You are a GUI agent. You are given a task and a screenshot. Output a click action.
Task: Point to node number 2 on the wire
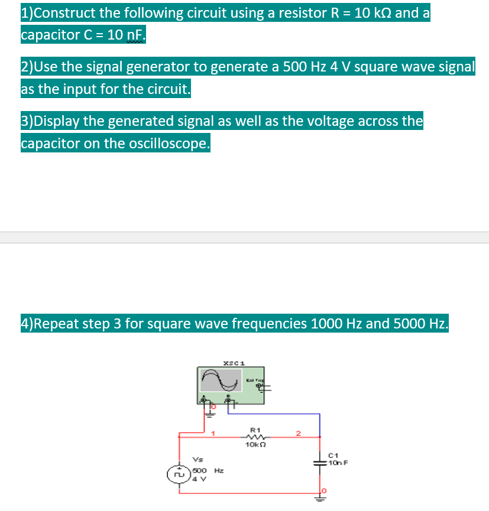[299, 434]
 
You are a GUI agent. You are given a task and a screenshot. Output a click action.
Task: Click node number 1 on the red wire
[213, 434]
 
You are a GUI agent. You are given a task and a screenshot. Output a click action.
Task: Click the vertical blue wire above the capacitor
[320, 424]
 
